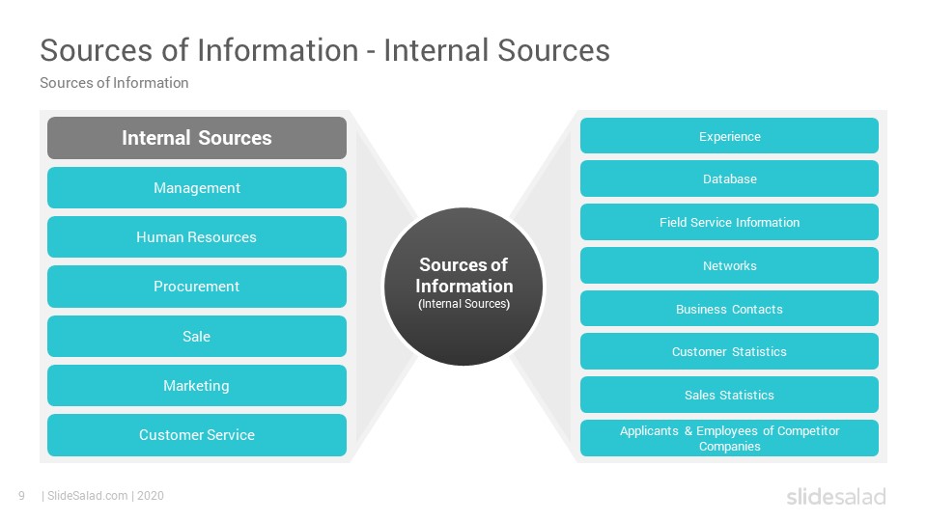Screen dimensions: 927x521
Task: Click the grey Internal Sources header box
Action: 197,138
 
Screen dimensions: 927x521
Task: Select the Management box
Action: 197,188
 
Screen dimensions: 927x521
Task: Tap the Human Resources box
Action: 197,237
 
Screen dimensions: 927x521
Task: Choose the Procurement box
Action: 197,287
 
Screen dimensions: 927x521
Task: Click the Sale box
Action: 197,336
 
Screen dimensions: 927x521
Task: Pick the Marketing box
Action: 197,386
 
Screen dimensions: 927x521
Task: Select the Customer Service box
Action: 197,435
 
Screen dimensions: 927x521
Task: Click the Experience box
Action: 730,136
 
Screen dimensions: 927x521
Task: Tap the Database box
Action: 730,179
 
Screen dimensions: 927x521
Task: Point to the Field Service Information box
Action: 730,222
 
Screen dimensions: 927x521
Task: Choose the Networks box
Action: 730,265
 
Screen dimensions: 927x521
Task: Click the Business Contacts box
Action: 730,309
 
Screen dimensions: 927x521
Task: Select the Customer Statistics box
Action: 730,351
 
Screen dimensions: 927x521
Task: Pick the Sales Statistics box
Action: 730,395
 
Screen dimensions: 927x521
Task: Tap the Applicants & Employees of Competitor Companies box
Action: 730,438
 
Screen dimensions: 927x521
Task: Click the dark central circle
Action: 463,287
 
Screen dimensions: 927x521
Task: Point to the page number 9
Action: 22,496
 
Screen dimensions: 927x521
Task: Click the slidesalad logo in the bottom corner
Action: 836,496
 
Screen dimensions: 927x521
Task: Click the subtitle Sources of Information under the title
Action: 114,83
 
